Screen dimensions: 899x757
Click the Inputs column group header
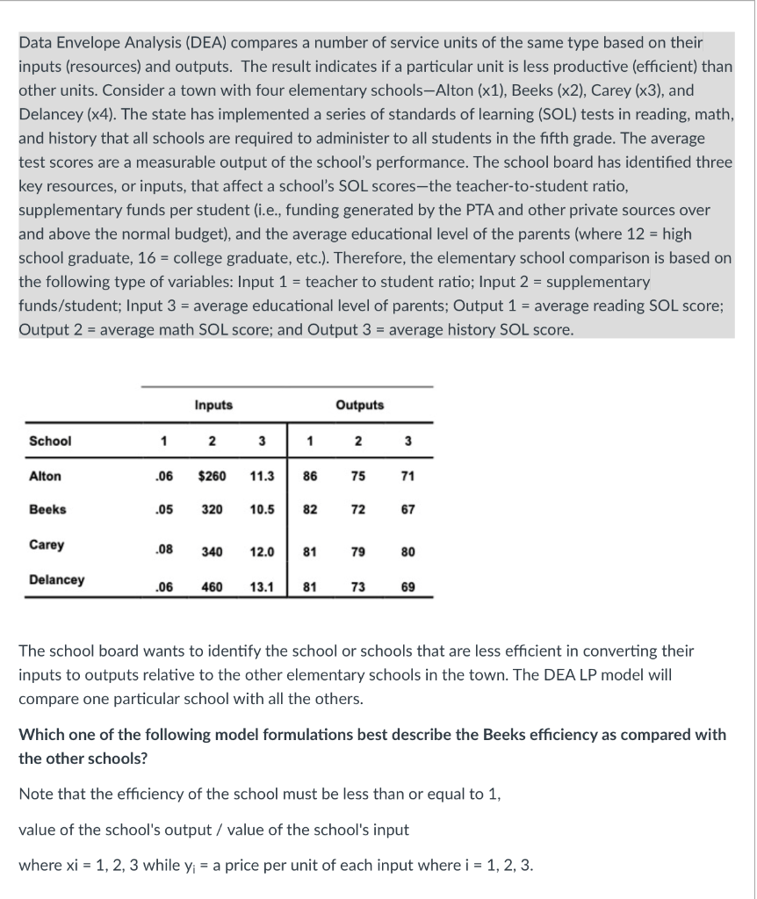(x=213, y=405)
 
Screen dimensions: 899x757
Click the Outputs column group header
(x=360, y=405)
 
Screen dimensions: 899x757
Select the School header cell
(x=50, y=441)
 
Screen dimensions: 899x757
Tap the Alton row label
(x=46, y=476)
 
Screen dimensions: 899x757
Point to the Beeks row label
(x=47, y=509)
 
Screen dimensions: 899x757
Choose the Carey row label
(x=47, y=544)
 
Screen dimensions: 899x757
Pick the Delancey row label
(x=57, y=579)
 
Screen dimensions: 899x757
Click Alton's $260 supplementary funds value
(x=213, y=476)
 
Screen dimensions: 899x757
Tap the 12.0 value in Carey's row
(x=263, y=552)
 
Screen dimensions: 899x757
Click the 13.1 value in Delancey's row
(x=263, y=586)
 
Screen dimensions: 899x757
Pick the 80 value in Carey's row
(x=407, y=552)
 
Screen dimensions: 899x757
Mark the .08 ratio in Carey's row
(x=162, y=551)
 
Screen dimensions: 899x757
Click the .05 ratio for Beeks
(x=162, y=510)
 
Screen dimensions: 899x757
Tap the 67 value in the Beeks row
(x=407, y=510)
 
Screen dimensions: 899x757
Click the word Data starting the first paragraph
(x=35, y=42)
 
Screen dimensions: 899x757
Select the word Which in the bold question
(x=40, y=734)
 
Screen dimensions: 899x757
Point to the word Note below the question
(x=36, y=795)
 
